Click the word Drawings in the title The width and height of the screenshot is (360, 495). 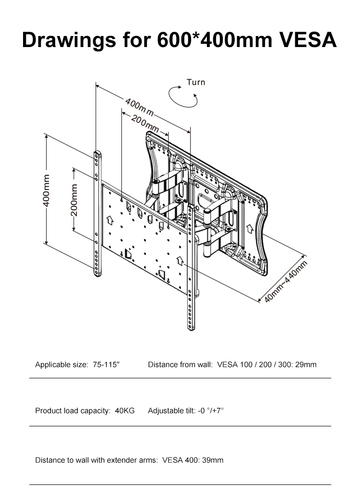coord(69,41)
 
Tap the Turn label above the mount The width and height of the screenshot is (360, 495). coord(196,82)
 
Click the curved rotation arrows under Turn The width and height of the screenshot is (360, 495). coord(183,97)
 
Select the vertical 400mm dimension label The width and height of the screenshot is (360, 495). coord(46,190)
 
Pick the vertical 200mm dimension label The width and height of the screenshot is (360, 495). coord(74,200)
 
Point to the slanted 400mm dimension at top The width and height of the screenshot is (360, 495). coord(139,108)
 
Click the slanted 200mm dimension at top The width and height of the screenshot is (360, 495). coord(145,124)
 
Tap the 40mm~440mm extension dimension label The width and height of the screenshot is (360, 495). coord(286,282)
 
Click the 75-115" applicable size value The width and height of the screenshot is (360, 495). coord(107,364)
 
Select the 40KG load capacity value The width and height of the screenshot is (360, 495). coord(125,410)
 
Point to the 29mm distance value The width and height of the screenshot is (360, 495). coord(306,364)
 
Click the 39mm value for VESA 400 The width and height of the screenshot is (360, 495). coord(213,460)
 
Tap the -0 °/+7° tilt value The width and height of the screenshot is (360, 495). coord(211,410)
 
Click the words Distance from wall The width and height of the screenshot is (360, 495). coord(180,364)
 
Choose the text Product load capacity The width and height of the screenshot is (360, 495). coord(73,410)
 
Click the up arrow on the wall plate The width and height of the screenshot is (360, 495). coord(250,229)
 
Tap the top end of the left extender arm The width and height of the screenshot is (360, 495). coord(98,153)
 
